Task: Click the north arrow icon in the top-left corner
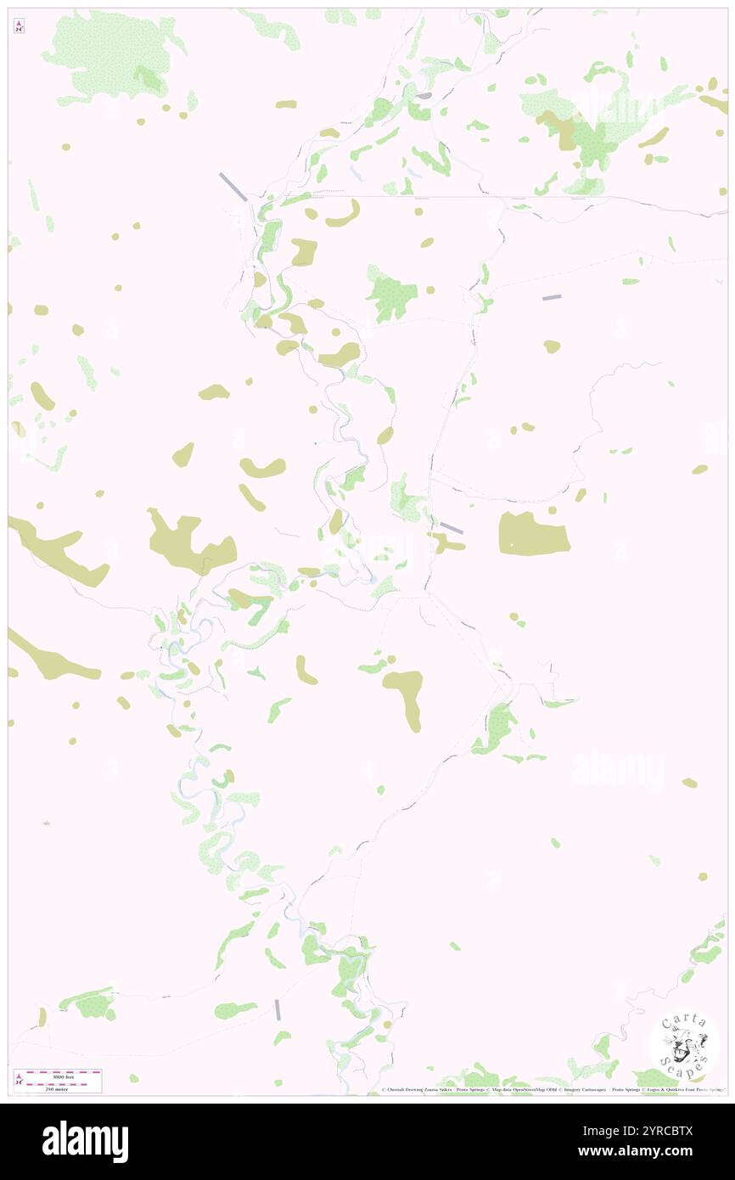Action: pos(19,27)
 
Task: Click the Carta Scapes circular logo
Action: pos(684,1042)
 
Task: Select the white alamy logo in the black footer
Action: pos(85,1142)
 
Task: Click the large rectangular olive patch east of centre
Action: pos(533,534)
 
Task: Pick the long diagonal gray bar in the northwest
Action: pos(233,187)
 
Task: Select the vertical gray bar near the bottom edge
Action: pos(278,1009)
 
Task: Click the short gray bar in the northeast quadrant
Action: pos(552,297)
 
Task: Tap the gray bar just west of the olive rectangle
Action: pos(451,528)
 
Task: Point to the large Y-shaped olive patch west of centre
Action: pos(188,542)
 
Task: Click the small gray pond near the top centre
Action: pos(423,95)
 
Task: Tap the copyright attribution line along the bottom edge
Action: pos(552,1090)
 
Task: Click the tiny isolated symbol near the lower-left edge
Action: pos(47,823)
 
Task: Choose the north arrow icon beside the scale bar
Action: pos(19,1079)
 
